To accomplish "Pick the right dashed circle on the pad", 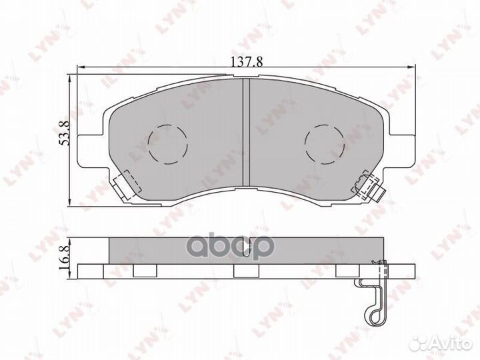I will coord(324,143).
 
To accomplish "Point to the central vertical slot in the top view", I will coord(245,131).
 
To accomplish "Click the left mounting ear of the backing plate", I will coord(92,148).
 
